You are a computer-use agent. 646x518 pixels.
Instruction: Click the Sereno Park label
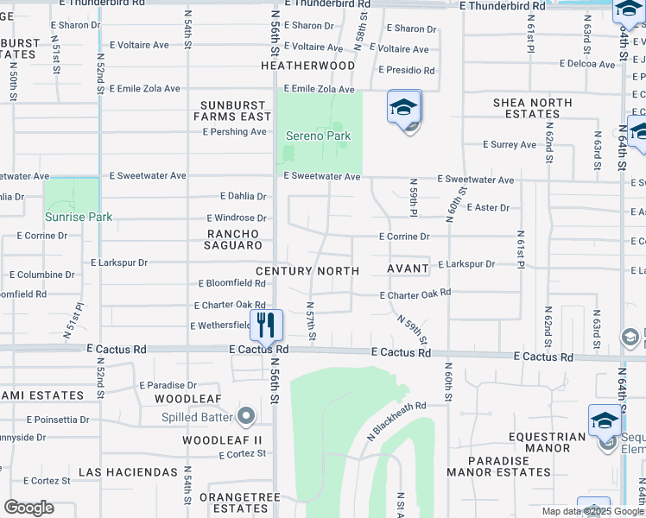pyautogui.click(x=319, y=136)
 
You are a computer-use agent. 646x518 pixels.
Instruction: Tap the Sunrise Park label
pyautogui.click(x=79, y=217)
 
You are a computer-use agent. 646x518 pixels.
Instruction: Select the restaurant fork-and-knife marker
pyautogui.click(x=266, y=325)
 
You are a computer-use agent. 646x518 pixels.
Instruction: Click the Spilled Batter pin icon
pyautogui.click(x=246, y=417)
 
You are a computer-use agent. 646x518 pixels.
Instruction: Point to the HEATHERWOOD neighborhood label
pyautogui.click(x=308, y=66)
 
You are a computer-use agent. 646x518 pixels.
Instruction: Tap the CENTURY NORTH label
pyautogui.click(x=307, y=271)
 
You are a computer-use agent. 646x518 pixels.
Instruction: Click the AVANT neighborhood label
pyautogui.click(x=408, y=268)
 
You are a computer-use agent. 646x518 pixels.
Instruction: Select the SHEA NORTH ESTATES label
pyautogui.click(x=532, y=108)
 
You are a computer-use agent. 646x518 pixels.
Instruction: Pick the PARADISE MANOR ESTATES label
pyautogui.click(x=498, y=466)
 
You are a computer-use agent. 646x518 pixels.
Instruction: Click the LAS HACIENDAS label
pyautogui.click(x=128, y=473)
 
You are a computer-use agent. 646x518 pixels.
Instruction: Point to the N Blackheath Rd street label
pyautogui.click(x=397, y=420)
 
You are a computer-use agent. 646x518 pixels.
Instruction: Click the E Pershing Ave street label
pyautogui.click(x=234, y=132)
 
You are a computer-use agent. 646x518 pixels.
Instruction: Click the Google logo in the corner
pyautogui.click(x=28, y=508)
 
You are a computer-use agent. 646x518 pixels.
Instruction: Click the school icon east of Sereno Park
pyautogui.click(x=403, y=109)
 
